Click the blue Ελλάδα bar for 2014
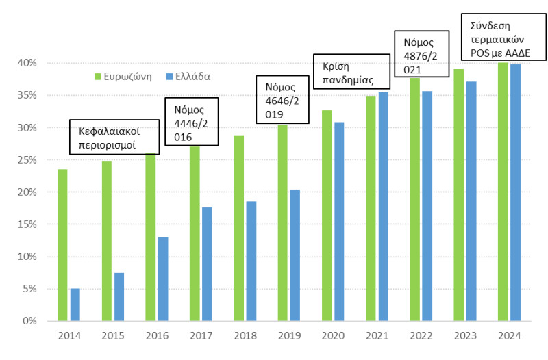75,305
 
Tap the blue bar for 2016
163,279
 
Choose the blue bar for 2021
383,206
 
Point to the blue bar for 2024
515,192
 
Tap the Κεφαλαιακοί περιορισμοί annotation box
115,136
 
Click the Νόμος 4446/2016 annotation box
193,123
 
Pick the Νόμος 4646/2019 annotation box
282,101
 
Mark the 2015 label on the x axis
113,336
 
